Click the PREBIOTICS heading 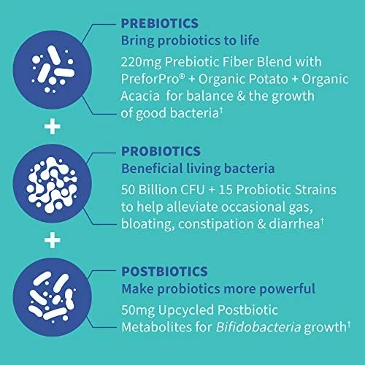(x=160, y=23)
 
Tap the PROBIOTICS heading (x=161, y=151)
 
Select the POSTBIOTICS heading (x=164, y=272)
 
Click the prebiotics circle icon (x=53, y=69)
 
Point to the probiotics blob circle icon (x=53, y=183)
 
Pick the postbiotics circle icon (x=53, y=297)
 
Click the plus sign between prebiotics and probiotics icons (x=53, y=127)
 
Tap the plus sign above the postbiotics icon (x=53, y=240)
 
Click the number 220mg (x=141, y=62)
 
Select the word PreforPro (x=150, y=79)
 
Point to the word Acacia (x=140, y=96)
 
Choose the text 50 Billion (x=149, y=190)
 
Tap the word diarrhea (x=294, y=223)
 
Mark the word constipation (x=216, y=224)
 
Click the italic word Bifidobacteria (x=258, y=327)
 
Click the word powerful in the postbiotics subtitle (x=287, y=289)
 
